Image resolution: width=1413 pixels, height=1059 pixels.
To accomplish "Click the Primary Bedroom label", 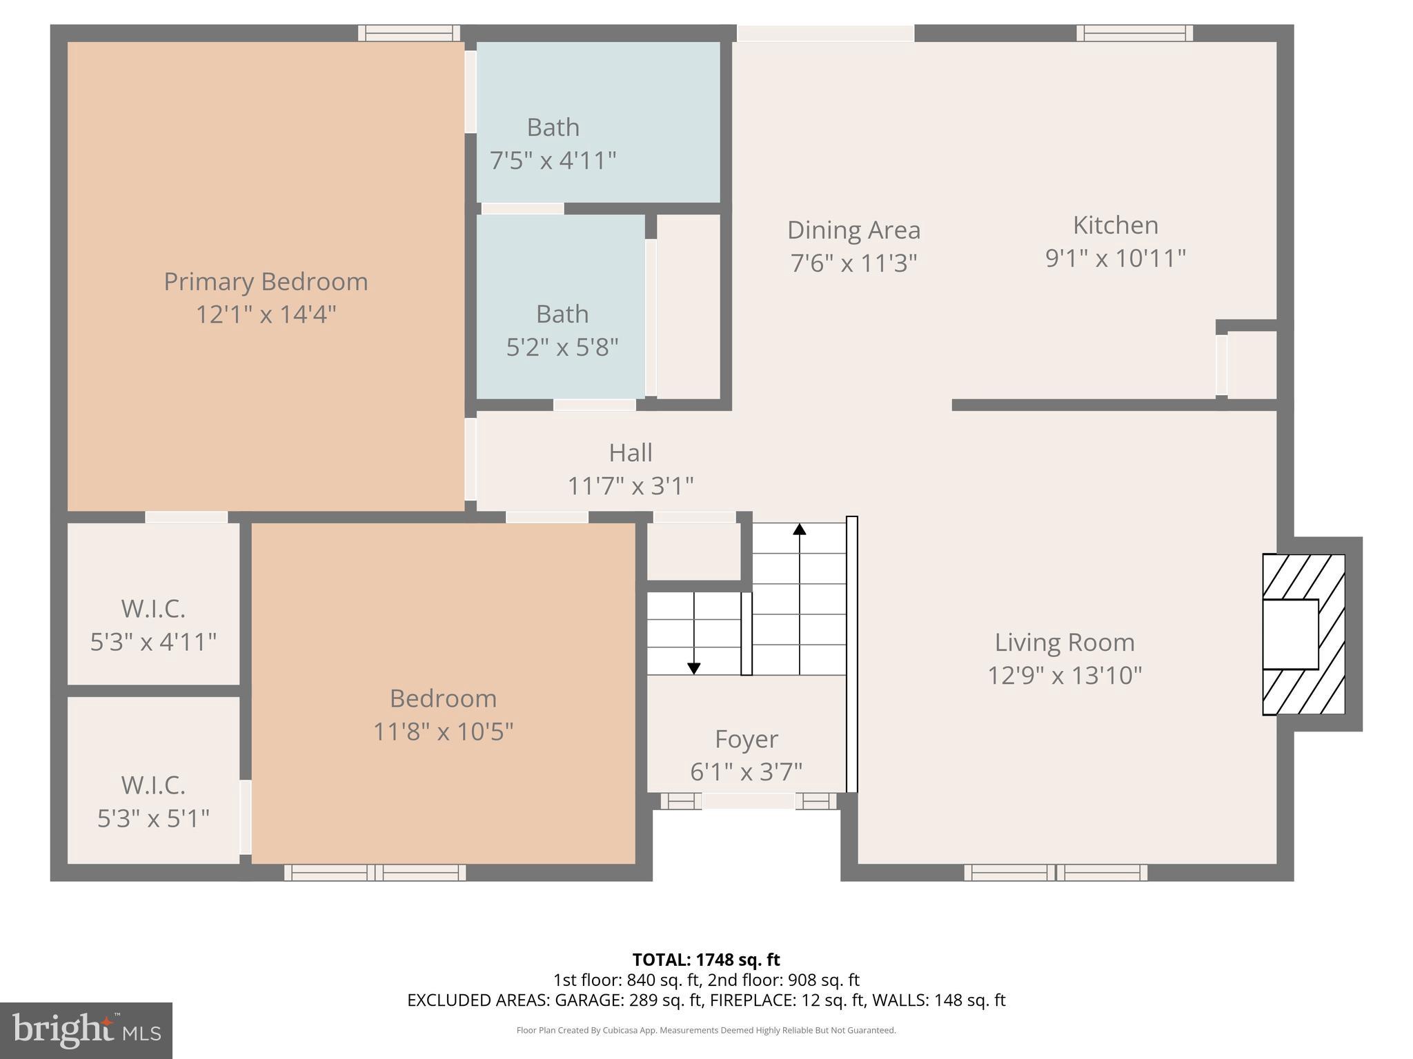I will point(266,281).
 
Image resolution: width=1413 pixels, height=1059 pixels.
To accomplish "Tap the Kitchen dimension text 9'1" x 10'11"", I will point(1115,259).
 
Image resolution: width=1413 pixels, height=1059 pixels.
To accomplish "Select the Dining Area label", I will point(853,230).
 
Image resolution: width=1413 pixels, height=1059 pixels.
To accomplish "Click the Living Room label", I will point(1064,643).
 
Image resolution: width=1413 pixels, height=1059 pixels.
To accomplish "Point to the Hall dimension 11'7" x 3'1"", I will point(630,486).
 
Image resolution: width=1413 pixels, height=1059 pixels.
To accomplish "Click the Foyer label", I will point(746,739).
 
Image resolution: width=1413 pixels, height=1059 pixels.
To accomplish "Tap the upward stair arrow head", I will point(799,529).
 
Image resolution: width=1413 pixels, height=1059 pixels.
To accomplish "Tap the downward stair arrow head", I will point(694,668).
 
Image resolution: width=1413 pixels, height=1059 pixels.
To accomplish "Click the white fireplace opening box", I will point(1290,634).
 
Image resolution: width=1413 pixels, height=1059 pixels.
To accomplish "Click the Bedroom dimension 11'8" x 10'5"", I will point(443,732).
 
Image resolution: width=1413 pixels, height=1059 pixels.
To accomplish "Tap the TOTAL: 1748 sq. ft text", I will point(706,960).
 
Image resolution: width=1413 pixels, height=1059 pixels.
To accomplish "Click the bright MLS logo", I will point(86,1030).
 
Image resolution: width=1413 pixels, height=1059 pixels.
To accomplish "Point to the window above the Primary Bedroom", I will point(409,33).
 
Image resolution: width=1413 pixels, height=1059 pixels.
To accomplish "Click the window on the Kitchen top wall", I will point(1134,33).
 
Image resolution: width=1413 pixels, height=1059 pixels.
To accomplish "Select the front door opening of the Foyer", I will point(749,801).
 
